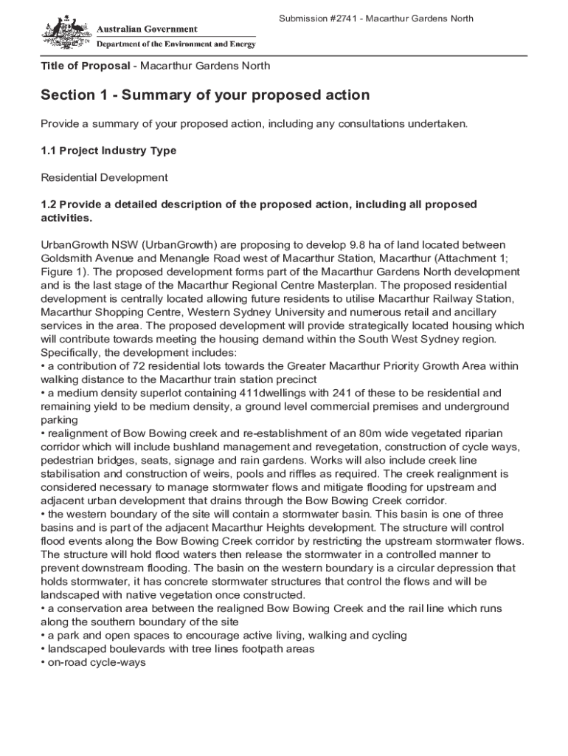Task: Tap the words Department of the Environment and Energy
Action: [x=177, y=44]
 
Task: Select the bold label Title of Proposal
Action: [x=85, y=66]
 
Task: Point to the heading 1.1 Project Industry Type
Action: [x=108, y=151]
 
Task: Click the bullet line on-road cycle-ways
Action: [x=96, y=663]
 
